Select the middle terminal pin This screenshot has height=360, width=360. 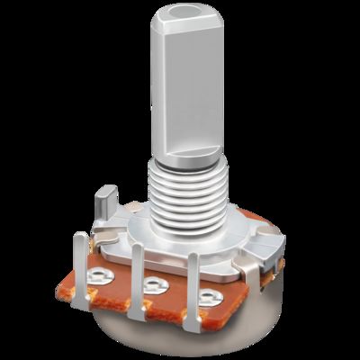point(138,279)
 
